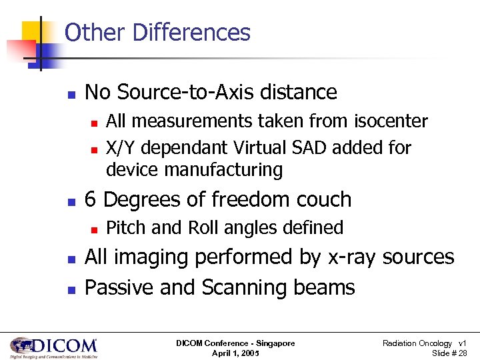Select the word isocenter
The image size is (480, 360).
pyautogui.click(x=391, y=121)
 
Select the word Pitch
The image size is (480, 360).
pyautogui.click(x=127, y=228)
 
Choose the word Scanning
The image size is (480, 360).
pyautogui.click(x=241, y=287)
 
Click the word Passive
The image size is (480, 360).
pyautogui.click(x=123, y=287)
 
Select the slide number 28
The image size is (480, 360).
pyautogui.click(x=462, y=353)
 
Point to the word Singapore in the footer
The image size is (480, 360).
pyautogui.click(x=273, y=343)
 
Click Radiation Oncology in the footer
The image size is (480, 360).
pyautogui.click(x=416, y=343)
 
